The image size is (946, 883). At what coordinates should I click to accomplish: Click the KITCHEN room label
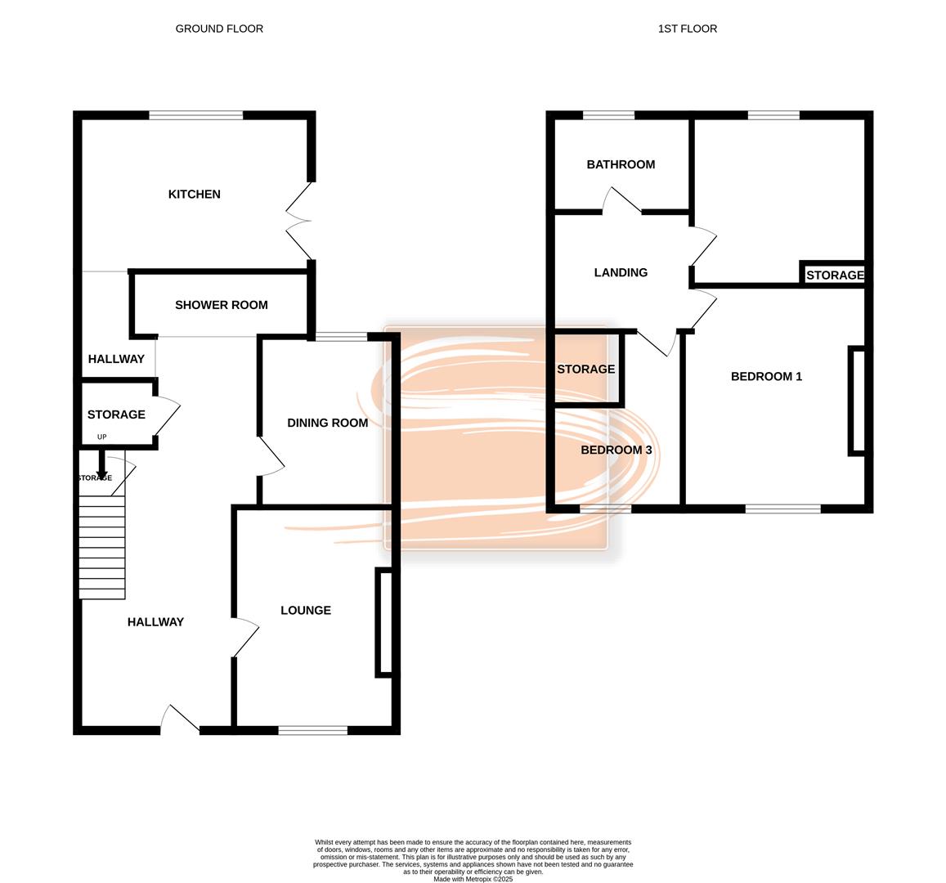click(195, 195)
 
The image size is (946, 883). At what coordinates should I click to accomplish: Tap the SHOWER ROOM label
click(222, 305)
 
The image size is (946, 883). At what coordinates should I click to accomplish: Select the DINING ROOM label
click(328, 423)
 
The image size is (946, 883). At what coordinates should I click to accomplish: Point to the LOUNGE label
click(306, 611)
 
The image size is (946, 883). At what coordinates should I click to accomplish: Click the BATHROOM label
click(621, 164)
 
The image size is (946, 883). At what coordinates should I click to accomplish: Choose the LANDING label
click(621, 272)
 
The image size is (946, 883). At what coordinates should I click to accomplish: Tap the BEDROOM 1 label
click(767, 376)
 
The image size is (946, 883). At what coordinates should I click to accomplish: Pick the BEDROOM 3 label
click(616, 450)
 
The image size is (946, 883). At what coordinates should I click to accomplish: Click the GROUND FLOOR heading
click(219, 29)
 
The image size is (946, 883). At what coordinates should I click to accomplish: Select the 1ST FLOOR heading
click(688, 29)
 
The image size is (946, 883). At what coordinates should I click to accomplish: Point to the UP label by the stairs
click(102, 437)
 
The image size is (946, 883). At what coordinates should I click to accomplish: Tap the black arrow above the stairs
click(102, 464)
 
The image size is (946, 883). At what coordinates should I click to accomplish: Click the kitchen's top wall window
click(196, 115)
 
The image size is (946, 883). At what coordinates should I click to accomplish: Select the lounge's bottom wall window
click(313, 730)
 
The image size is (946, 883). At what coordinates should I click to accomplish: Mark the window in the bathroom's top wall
click(609, 115)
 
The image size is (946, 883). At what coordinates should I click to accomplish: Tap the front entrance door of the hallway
click(180, 719)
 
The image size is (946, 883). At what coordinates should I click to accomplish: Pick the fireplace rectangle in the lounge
click(384, 622)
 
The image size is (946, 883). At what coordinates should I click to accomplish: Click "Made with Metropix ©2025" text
click(473, 880)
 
